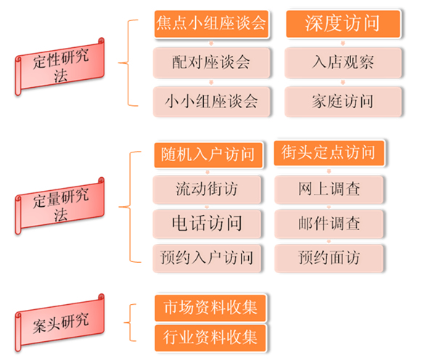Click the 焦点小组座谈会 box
click(x=211, y=24)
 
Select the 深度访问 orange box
click(x=343, y=24)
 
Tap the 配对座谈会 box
click(x=211, y=62)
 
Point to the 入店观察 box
click(x=343, y=62)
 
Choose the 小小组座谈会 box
click(x=211, y=102)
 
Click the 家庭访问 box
click(x=343, y=102)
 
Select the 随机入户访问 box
click(x=208, y=155)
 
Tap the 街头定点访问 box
click(x=329, y=152)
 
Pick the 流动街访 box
click(x=207, y=189)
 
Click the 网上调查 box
click(x=329, y=189)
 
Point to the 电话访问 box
click(x=207, y=224)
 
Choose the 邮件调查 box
click(x=329, y=224)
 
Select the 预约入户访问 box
click(x=207, y=258)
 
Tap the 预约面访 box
click(x=329, y=258)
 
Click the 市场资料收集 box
click(x=210, y=308)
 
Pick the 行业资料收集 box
click(x=210, y=338)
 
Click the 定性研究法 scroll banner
click(x=60, y=67)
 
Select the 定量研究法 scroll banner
click(x=60, y=206)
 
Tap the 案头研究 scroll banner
click(x=60, y=323)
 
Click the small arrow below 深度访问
click(x=343, y=43)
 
